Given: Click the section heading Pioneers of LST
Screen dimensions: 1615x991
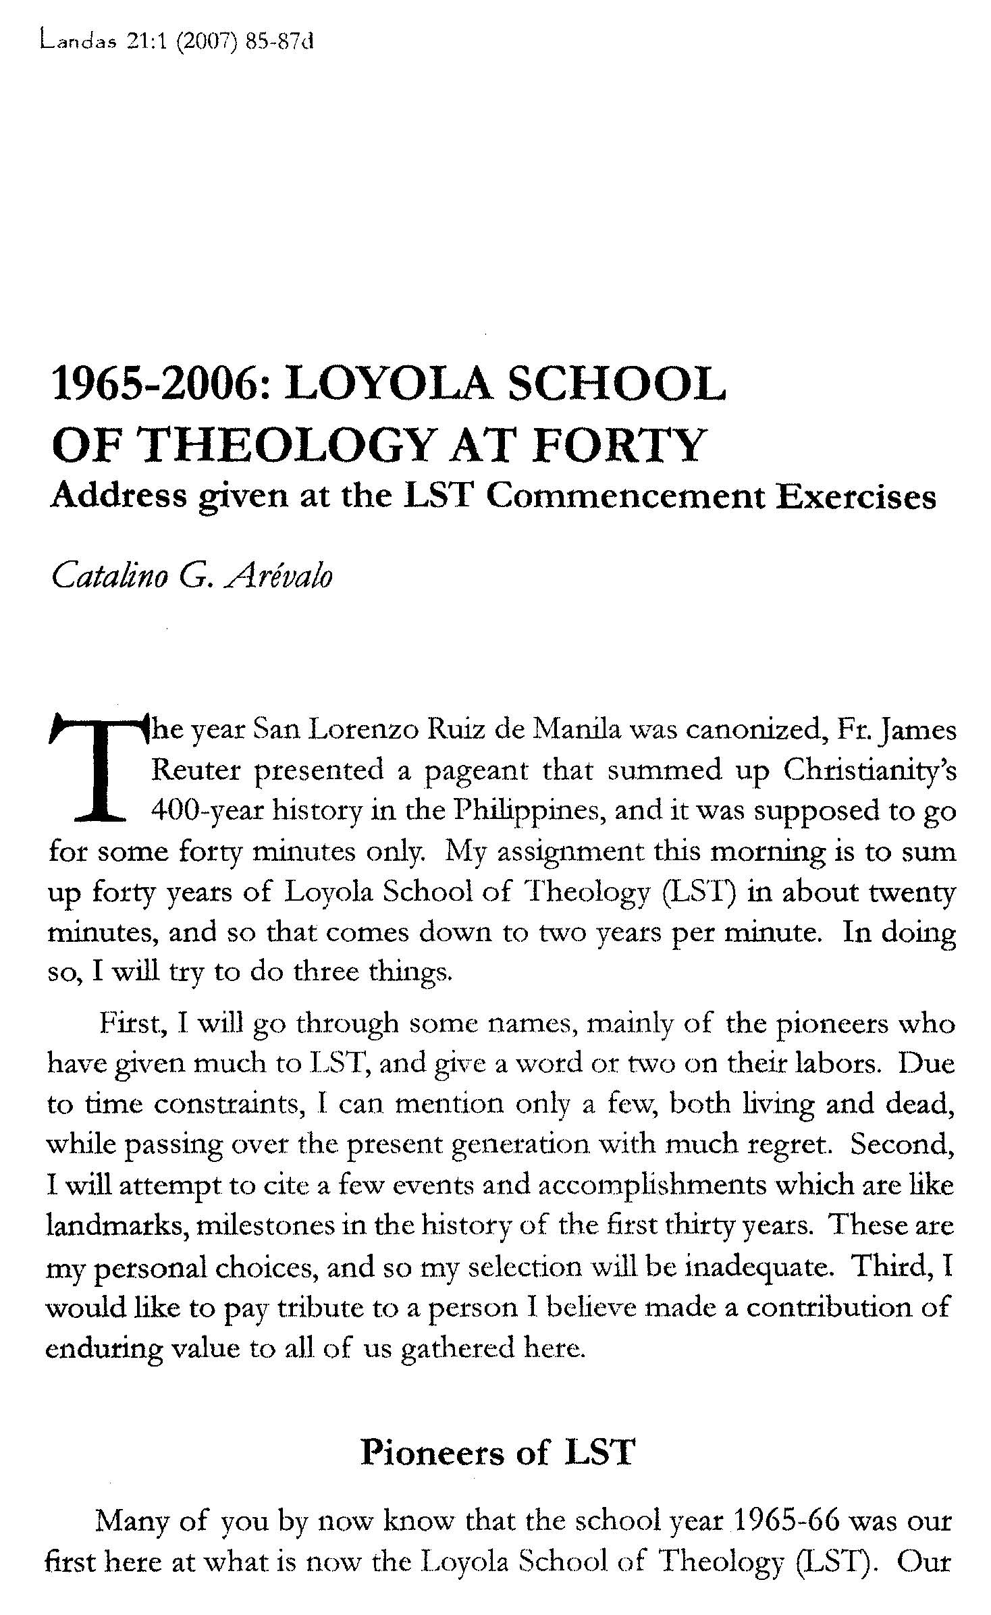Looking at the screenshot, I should pos(498,1452).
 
